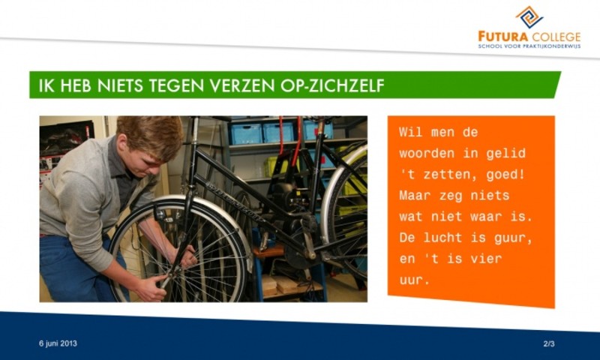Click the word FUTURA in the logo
point(502,37)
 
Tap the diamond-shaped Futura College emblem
point(529,17)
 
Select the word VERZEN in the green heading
point(242,85)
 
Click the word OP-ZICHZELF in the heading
point(332,85)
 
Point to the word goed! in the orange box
point(505,175)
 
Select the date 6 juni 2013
point(58,343)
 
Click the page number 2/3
point(549,343)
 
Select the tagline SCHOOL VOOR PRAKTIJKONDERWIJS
point(529,46)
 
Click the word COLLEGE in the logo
point(556,37)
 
